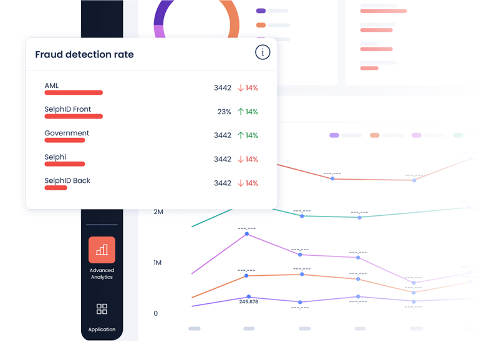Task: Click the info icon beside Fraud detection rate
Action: (x=263, y=52)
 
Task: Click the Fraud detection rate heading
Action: (x=84, y=54)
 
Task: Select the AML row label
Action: (x=52, y=85)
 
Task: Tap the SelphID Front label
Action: (x=67, y=109)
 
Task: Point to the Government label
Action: (x=67, y=133)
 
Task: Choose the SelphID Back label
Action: (x=67, y=180)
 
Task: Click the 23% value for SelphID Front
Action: (x=224, y=112)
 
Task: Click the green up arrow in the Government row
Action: (x=240, y=135)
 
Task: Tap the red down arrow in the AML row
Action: (x=240, y=88)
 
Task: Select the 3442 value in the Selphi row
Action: (x=222, y=159)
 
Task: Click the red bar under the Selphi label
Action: (x=64, y=164)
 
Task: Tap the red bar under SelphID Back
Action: (x=56, y=188)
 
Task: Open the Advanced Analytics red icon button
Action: (x=102, y=250)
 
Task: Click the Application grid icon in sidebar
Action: (x=102, y=309)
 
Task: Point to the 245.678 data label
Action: (x=248, y=302)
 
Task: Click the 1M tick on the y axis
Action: (x=157, y=263)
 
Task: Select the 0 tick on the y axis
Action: (x=156, y=313)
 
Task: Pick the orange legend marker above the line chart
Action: (x=375, y=135)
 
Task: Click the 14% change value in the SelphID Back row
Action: (x=251, y=183)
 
